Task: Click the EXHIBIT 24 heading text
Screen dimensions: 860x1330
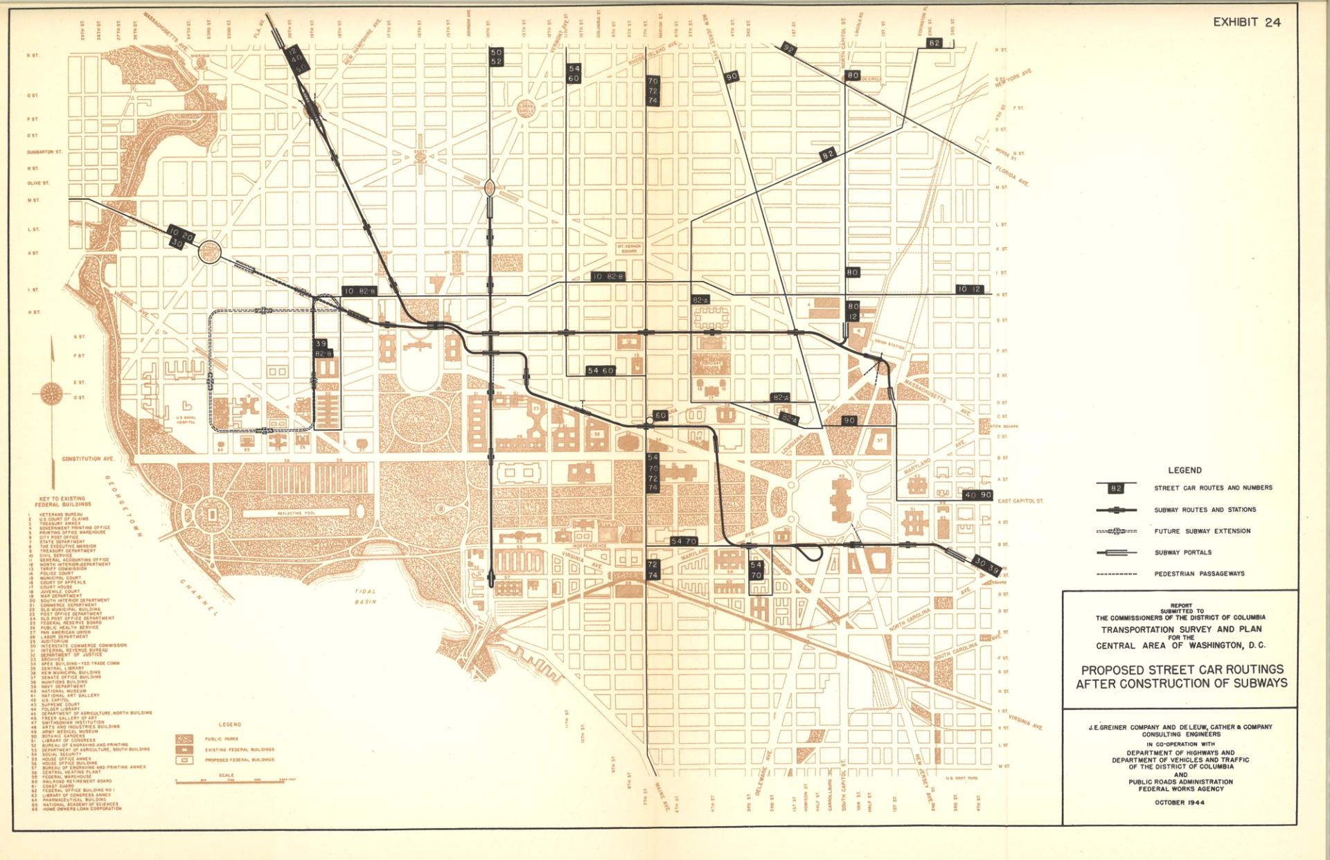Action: point(1246,22)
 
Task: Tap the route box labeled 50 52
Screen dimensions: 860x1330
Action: point(496,57)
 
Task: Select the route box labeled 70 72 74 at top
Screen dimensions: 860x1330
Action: point(653,91)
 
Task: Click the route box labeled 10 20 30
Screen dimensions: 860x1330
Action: point(181,237)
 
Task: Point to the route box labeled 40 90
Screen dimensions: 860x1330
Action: point(978,495)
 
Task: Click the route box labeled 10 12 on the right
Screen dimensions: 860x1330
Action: point(968,289)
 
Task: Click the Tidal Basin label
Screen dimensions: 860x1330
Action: point(365,596)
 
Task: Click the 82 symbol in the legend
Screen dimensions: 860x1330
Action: point(1115,488)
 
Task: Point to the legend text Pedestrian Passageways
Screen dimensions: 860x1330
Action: point(1199,573)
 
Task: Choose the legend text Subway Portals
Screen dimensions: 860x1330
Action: point(1182,553)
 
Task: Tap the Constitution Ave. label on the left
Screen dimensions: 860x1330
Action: point(88,458)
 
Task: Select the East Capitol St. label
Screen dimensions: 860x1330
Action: point(1020,500)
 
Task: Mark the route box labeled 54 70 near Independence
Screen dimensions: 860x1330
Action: point(684,541)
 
